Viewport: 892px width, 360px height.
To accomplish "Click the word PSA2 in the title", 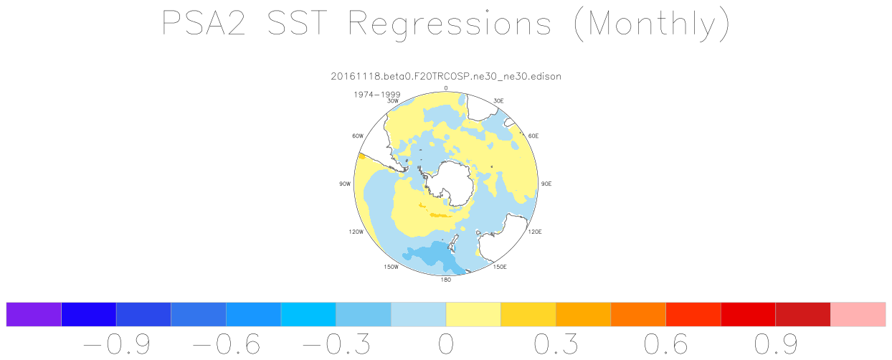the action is [204, 24].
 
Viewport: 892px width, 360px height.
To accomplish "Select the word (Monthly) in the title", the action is [652, 24].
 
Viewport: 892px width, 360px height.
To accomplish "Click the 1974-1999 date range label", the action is [377, 95].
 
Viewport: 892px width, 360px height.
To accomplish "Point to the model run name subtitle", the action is [446, 76].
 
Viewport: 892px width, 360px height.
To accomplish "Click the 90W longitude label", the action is [345, 184].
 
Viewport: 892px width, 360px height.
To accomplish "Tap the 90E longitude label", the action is [546, 184].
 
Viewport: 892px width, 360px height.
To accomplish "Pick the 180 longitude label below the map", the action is [445, 280].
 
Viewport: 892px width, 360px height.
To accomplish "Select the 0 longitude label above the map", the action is [445, 88].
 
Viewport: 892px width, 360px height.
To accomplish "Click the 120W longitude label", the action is [356, 232].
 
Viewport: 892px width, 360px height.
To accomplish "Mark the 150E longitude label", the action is [500, 267].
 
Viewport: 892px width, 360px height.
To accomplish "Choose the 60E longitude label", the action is [533, 136].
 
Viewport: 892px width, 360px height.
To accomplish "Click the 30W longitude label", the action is [393, 101].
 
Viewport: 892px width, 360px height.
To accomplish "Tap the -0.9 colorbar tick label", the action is [117, 344].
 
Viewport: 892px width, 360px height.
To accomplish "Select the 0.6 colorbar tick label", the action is [666, 344].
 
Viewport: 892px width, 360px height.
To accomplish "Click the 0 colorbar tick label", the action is [446, 344].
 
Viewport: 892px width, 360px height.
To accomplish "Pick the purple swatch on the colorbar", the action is [34, 314].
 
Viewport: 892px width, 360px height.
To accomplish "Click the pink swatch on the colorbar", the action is [858, 314].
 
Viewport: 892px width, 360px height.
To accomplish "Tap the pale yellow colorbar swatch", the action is [473, 314].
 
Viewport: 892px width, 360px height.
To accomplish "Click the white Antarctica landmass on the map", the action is [452, 181].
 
